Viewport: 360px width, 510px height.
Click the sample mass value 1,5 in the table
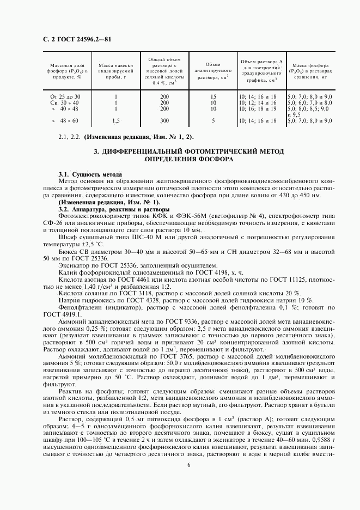tap(115, 120)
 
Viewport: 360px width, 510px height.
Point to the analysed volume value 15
tap(213, 97)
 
